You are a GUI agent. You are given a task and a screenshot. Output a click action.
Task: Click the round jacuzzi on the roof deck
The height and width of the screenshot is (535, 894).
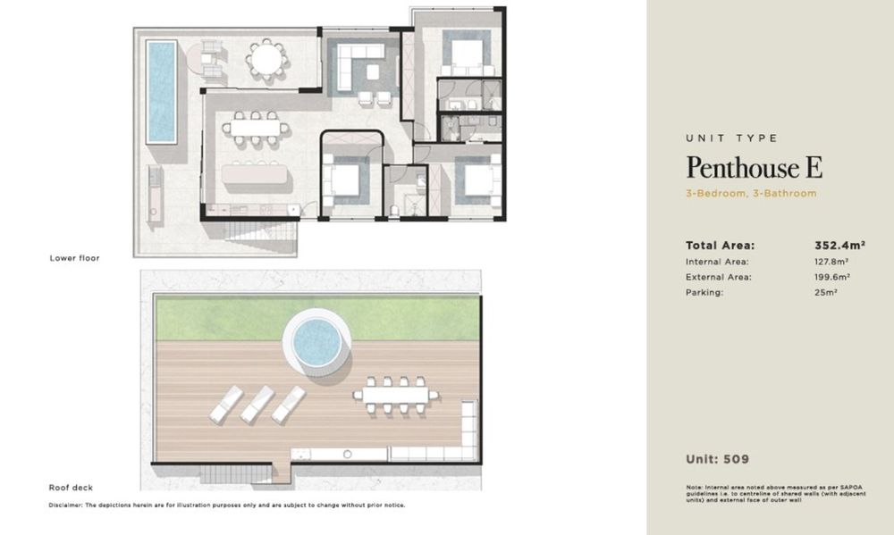(x=317, y=342)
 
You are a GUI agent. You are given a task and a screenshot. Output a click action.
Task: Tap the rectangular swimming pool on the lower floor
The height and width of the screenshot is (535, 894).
(x=161, y=91)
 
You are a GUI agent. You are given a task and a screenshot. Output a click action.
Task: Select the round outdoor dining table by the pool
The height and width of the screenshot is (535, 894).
(x=266, y=58)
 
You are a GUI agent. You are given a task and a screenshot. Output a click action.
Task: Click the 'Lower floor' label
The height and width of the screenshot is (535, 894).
(x=75, y=258)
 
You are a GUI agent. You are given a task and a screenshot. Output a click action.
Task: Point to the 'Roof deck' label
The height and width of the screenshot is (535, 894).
(x=71, y=488)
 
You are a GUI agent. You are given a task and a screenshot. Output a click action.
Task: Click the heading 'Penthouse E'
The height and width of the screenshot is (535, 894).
(x=755, y=167)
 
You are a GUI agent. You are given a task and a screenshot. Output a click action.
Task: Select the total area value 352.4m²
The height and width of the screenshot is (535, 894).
(x=839, y=246)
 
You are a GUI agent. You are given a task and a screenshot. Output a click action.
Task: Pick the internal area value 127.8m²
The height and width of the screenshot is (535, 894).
(x=831, y=262)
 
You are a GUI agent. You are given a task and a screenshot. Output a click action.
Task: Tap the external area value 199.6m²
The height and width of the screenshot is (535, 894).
(x=832, y=277)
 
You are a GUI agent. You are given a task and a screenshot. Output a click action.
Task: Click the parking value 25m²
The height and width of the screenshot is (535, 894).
(x=825, y=292)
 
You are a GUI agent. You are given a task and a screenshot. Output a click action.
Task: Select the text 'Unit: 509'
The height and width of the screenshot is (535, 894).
(x=718, y=459)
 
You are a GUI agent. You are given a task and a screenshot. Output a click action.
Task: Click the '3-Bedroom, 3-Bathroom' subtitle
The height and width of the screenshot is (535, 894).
(x=751, y=193)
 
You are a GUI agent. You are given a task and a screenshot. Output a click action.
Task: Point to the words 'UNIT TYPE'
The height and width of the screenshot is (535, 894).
(x=732, y=138)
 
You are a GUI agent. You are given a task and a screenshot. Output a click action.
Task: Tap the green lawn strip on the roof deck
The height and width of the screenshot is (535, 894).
(x=317, y=318)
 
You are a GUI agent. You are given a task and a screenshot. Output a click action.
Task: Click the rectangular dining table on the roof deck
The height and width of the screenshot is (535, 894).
(x=396, y=395)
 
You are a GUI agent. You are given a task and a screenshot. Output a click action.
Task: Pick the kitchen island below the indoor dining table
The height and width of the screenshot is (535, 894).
(x=254, y=174)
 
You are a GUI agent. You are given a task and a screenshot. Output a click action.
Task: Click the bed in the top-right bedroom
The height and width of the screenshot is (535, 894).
(x=467, y=56)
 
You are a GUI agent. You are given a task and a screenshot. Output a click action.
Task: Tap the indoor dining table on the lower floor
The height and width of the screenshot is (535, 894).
(x=256, y=129)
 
